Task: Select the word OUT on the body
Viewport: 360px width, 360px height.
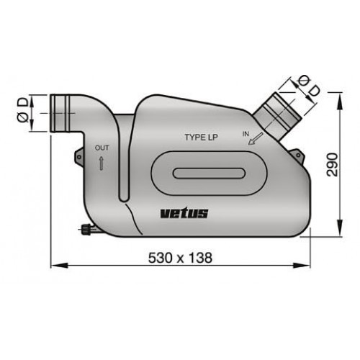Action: (x=102, y=148)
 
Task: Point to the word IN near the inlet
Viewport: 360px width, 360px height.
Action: (x=248, y=134)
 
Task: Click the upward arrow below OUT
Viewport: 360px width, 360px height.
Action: (x=102, y=163)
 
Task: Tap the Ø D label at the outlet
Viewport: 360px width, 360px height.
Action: (x=24, y=112)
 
